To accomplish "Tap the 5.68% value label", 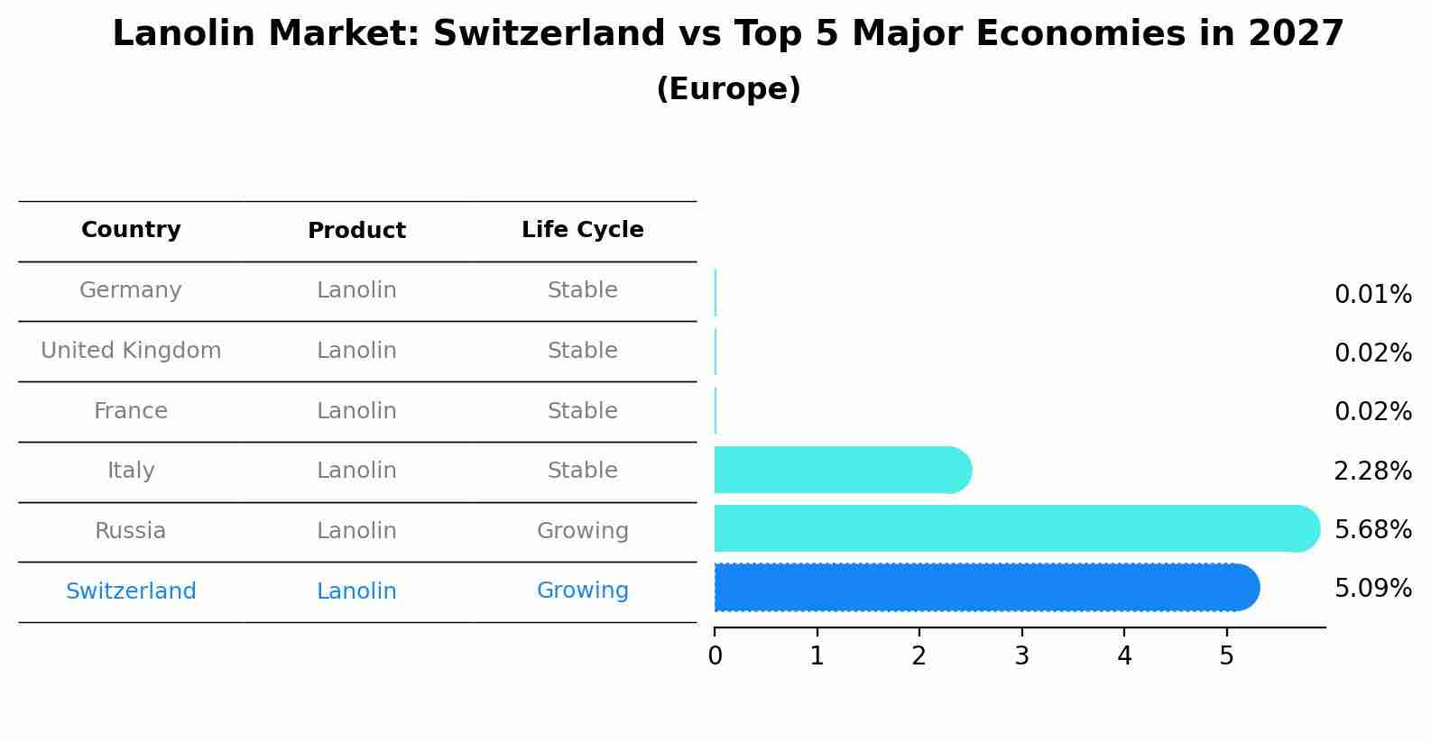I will point(1372,529).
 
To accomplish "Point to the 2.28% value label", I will point(1372,471).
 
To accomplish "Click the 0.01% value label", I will point(1372,295).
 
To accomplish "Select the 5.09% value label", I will point(1372,589).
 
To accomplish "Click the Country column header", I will point(131,230).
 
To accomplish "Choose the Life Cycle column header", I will point(582,230).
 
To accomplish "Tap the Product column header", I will point(356,231).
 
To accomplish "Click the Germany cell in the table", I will point(131,290).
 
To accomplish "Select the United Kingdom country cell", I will point(131,351).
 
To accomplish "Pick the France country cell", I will point(131,411).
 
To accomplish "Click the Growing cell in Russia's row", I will point(582,531).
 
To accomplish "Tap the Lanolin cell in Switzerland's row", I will point(356,591).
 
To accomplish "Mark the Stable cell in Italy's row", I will point(582,471).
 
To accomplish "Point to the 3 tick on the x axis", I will point(1021,656).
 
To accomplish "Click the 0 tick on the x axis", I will point(715,656).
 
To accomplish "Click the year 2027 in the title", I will point(1296,34).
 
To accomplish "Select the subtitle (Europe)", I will point(728,89).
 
